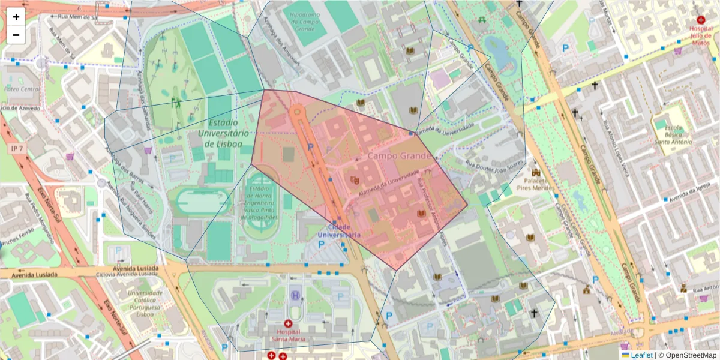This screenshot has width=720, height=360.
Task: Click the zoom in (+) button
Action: tap(16, 17)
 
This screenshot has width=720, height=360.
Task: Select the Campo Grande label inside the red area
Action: tap(399, 156)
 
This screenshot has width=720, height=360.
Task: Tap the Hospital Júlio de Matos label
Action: tap(701, 35)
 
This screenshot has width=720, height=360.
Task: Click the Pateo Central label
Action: tap(22, 89)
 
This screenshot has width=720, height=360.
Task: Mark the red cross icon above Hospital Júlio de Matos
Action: tap(701, 20)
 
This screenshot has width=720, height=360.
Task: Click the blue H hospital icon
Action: tap(295, 295)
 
